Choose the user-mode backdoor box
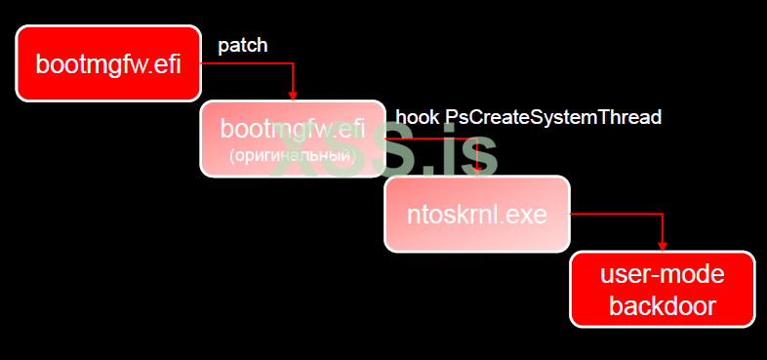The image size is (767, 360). tap(662, 289)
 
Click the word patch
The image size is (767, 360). tap(243, 45)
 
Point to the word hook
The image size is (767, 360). tap(417, 118)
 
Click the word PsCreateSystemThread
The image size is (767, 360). tap(553, 118)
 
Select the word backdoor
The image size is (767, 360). tap(663, 305)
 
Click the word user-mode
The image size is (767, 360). tap(663, 276)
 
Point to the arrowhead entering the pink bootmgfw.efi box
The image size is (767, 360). tap(293, 95)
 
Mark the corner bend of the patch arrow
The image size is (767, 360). tap(293, 64)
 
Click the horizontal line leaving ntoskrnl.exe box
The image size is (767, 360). tap(615, 214)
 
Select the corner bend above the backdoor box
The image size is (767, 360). tap(663, 214)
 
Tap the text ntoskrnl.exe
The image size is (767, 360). tap(476, 214)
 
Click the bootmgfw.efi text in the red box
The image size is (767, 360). tap(108, 64)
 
